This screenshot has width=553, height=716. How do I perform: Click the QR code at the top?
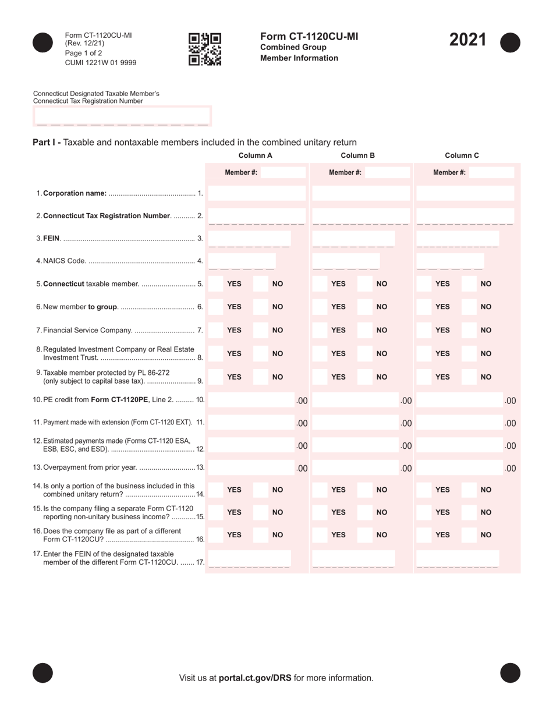tap(205, 49)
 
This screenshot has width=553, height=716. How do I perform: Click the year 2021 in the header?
tap(467, 40)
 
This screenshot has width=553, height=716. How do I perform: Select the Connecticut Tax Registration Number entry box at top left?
tap(122, 116)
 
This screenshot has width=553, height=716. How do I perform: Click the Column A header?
tap(255, 155)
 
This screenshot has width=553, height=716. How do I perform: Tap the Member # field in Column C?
tap(491, 172)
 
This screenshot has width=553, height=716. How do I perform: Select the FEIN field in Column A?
tap(249, 238)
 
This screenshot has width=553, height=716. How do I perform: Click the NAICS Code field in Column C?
tap(450, 261)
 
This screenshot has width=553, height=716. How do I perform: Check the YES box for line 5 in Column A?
tap(216, 283)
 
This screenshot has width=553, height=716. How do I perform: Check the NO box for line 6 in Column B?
tap(365, 307)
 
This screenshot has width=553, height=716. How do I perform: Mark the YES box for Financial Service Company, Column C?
tap(425, 330)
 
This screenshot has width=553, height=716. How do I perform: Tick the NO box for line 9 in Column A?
tap(261, 377)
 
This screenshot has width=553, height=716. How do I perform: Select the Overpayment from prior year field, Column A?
tap(251, 467)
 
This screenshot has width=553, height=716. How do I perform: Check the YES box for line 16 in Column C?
tap(425, 534)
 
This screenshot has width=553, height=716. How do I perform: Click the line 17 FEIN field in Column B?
tap(353, 558)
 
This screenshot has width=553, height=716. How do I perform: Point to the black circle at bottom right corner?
tap(510, 673)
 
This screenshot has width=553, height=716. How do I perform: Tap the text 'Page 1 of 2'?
tap(84, 53)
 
